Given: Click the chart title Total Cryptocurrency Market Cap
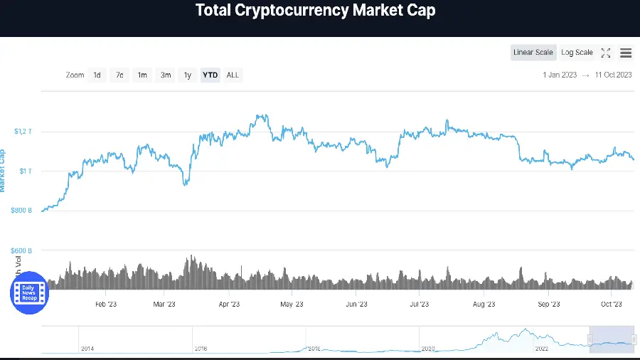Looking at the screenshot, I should click(x=315, y=11).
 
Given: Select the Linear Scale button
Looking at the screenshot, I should click(x=533, y=53).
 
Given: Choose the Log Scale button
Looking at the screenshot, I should click(x=577, y=53).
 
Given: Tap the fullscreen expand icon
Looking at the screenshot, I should click(x=606, y=53).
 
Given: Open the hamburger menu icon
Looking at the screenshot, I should click(x=626, y=53).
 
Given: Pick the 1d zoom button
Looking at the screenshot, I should click(x=97, y=75).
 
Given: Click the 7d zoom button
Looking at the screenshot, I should click(x=119, y=75).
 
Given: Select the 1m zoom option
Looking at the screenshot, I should click(x=142, y=75).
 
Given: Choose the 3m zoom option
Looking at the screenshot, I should click(x=165, y=75).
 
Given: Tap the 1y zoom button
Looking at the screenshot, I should click(x=188, y=75).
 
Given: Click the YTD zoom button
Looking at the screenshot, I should click(x=210, y=75).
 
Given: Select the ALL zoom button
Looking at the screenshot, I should click(x=233, y=75).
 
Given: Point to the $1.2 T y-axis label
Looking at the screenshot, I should click(x=23, y=131).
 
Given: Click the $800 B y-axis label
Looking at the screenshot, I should click(x=21, y=211).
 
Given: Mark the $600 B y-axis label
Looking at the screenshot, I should click(x=21, y=250).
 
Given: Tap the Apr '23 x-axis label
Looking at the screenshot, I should click(x=228, y=304).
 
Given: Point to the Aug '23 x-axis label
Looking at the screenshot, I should click(x=484, y=304).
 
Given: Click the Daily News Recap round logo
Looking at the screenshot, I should click(x=29, y=292).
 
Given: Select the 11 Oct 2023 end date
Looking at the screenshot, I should click(x=613, y=75).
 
